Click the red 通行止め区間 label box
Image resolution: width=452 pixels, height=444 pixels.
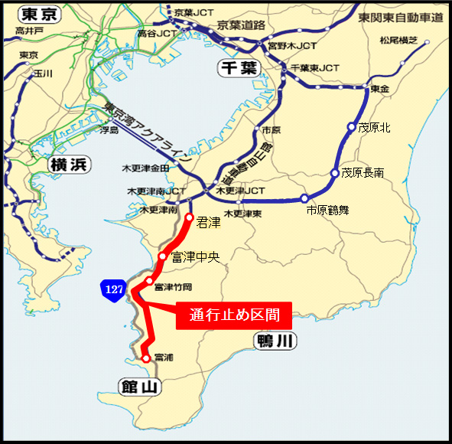pyautogui.click(x=234, y=315)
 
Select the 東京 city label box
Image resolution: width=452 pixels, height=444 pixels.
pyautogui.click(x=39, y=14)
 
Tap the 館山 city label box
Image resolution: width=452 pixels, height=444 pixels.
pyautogui.click(x=138, y=387)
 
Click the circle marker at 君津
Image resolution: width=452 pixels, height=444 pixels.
pyautogui.click(x=190, y=218)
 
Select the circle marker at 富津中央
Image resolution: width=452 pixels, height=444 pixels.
pyautogui.click(x=162, y=256)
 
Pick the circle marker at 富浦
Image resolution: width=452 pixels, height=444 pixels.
pyautogui.click(x=145, y=357)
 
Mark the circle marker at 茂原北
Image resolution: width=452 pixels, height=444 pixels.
pyautogui.click(x=351, y=127)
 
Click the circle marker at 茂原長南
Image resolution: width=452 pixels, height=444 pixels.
pyautogui.click(x=334, y=173)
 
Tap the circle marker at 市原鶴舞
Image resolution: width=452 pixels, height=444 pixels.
pyautogui.click(x=304, y=198)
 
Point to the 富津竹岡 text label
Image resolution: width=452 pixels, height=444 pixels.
pyautogui.click(x=173, y=287)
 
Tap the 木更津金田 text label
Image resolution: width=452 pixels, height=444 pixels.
pyautogui.click(x=145, y=168)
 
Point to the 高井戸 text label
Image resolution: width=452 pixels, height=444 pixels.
pyautogui.click(x=30, y=31)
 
